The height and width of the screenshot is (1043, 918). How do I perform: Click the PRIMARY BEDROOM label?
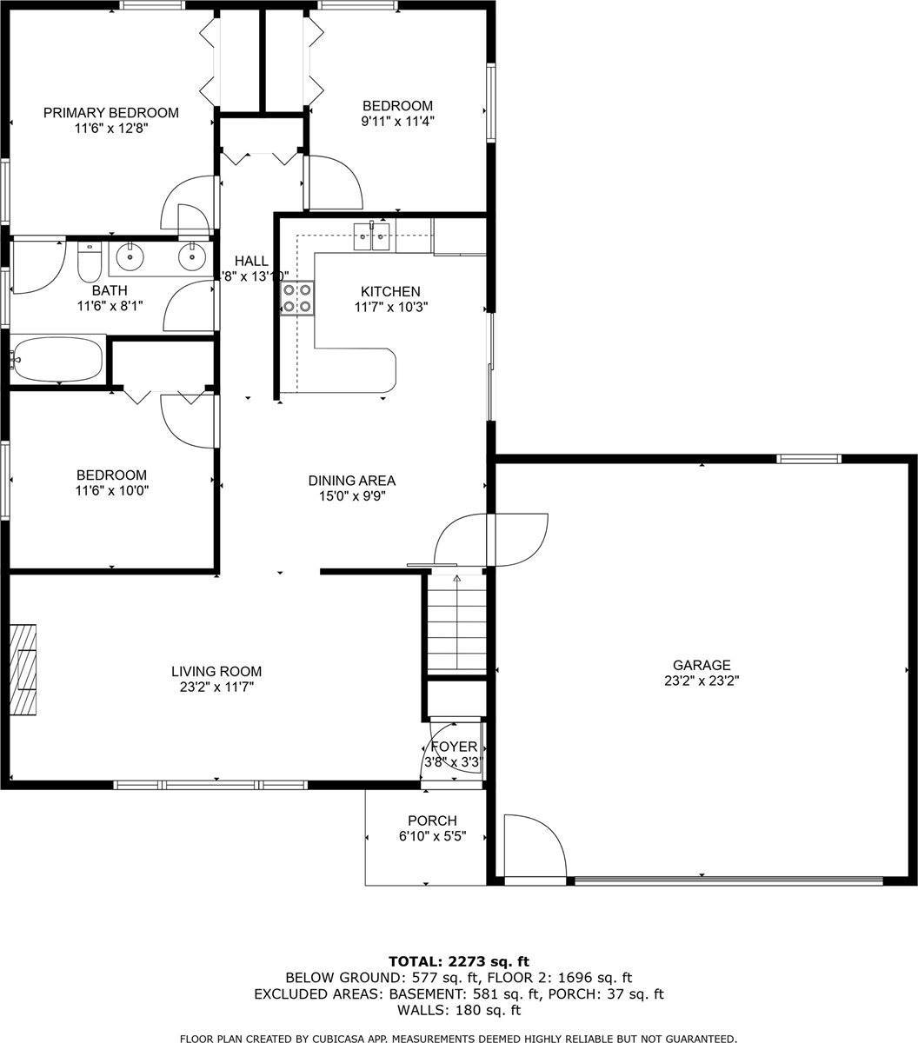point(111,113)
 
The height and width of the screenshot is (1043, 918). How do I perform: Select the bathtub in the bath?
point(57,360)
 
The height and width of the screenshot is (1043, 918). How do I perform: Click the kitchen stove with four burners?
point(296,297)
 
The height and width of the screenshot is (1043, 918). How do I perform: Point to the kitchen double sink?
point(372,236)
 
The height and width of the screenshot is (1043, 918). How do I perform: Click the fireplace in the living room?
point(23,669)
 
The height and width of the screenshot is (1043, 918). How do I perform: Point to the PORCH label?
point(432,820)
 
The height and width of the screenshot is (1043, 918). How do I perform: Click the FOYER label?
point(454,747)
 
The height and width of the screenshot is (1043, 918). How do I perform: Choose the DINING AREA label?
point(351,481)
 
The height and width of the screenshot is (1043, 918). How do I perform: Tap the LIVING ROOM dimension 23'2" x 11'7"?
point(216,688)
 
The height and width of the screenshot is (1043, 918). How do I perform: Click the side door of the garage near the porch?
point(534,847)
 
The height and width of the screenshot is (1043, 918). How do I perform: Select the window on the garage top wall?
point(808,459)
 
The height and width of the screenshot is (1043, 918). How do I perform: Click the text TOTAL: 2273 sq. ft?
point(458,961)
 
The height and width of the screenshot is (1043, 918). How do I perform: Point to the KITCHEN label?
point(390,292)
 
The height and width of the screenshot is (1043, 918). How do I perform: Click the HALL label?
point(251,262)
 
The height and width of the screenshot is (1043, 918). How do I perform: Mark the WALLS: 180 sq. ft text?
point(458,1010)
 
